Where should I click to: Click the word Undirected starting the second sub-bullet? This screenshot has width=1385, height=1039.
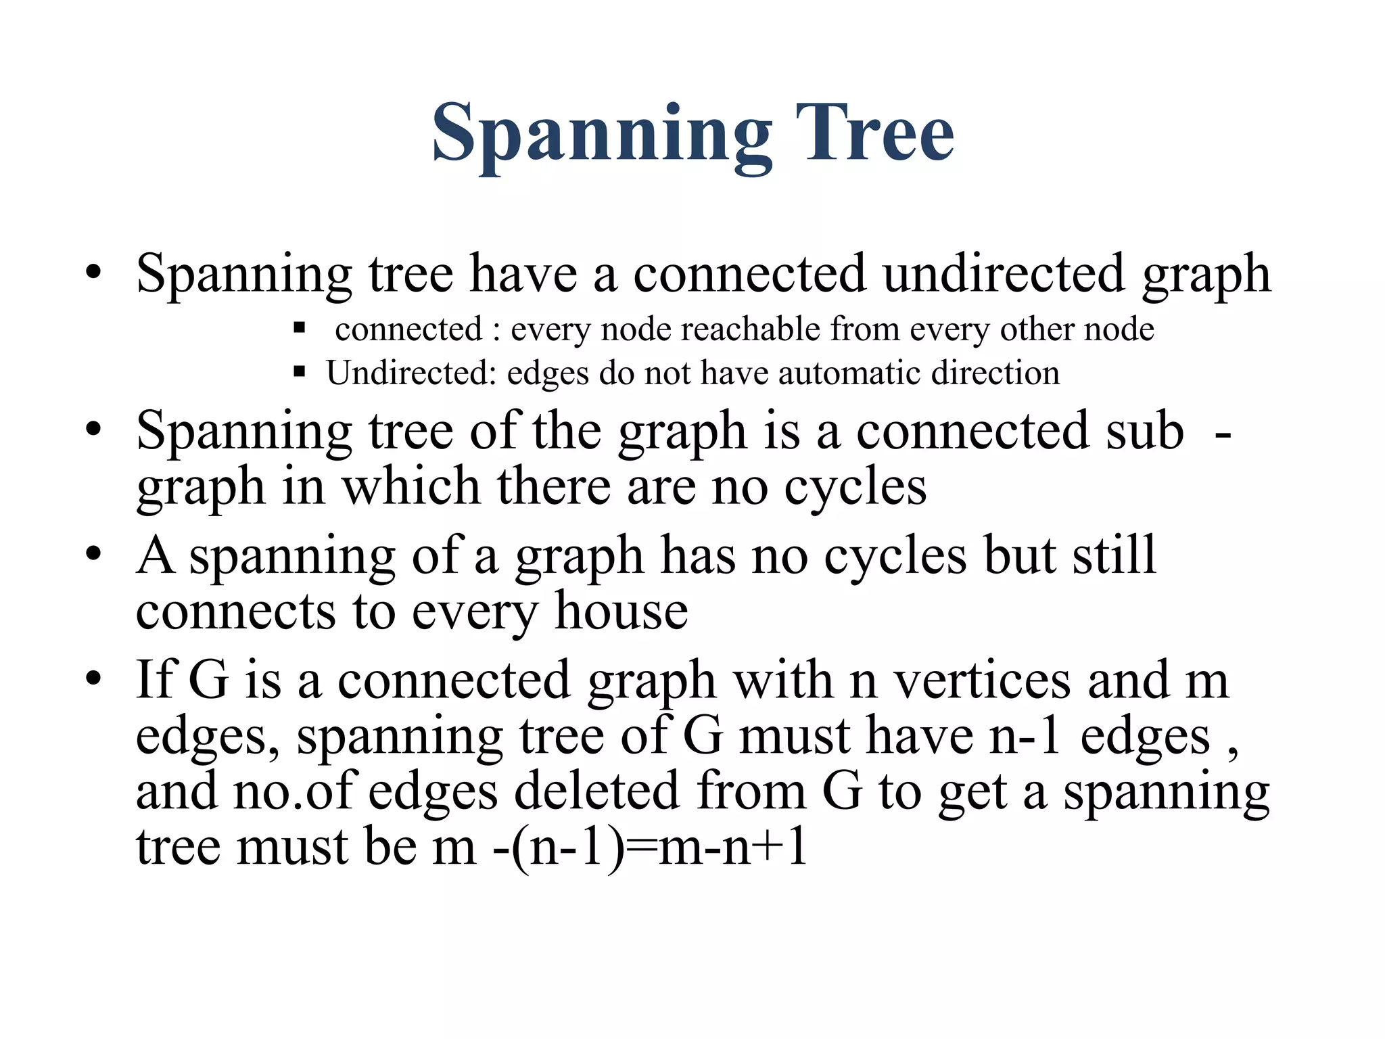(411, 373)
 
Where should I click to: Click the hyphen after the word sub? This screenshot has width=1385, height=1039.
(1222, 433)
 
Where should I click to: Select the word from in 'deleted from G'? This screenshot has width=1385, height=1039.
(751, 791)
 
